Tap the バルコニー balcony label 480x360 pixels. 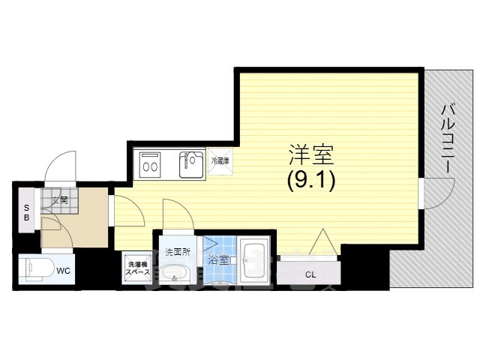pos(447,139)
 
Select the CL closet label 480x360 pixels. pos(310,274)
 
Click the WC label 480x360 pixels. pos(64,269)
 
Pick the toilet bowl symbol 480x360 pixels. pos(34,268)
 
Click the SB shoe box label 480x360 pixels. pos(26,211)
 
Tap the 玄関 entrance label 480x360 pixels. pos(61,200)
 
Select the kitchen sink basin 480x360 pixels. pos(191,164)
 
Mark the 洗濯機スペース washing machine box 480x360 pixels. pos(138,267)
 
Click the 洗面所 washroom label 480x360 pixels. pos(178,252)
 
